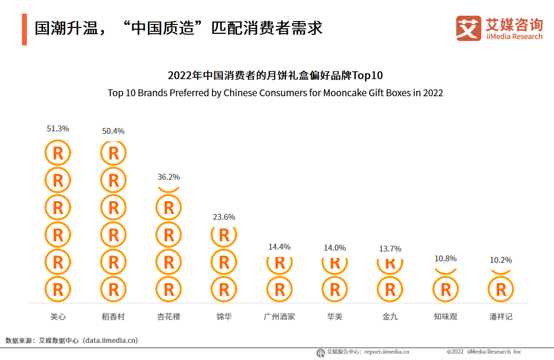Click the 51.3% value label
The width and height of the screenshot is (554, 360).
coord(58,129)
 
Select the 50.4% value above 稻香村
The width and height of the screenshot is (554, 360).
coord(113,131)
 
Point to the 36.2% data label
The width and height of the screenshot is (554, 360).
coord(169,177)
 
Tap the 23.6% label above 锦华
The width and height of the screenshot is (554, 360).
coord(224,217)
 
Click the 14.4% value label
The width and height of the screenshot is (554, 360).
coord(279,247)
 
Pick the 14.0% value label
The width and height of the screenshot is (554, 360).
coord(335,248)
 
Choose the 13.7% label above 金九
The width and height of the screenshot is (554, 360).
coord(390,249)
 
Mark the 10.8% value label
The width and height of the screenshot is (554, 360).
coord(446,258)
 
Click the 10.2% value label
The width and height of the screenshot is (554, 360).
coord(501,260)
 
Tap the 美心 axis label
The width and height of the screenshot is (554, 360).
coord(58,317)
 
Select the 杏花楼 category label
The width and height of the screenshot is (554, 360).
coord(169,317)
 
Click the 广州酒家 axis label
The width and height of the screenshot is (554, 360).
coord(279,317)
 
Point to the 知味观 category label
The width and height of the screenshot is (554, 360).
coord(446,317)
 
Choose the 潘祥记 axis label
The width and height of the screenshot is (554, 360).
coord(501,317)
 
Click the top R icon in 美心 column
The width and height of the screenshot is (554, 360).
coord(58,153)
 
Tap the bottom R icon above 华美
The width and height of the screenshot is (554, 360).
coord(335,290)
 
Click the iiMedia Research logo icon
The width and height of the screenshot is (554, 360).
coord(469,28)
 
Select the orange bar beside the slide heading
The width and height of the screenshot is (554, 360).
coord(24,29)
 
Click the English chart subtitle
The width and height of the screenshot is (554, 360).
coord(276,93)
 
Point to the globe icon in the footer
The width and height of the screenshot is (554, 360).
coord(320,353)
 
